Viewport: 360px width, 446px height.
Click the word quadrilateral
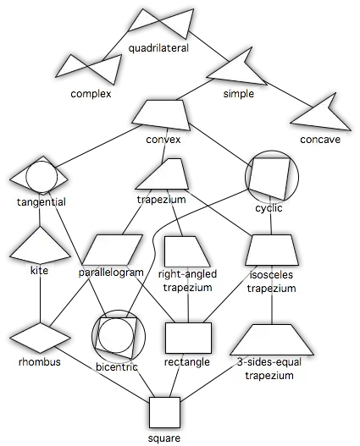click(x=158, y=48)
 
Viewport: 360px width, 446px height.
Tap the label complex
click(x=91, y=94)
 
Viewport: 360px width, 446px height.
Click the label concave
click(x=320, y=140)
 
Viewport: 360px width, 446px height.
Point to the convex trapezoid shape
click(x=161, y=115)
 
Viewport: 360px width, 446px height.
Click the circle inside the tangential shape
click(x=42, y=176)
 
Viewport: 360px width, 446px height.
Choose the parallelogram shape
click(x=112, y=250)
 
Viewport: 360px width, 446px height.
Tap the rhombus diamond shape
click(x=40, y=338)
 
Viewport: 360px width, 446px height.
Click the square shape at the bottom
click(x=165, y=412)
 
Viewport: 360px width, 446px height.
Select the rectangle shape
click(x=188, y=338)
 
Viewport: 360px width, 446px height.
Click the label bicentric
click(x=117, y=367)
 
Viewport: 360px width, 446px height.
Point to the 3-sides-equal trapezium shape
click(x=272, y=339)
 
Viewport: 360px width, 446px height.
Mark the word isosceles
click(x=271, y=275)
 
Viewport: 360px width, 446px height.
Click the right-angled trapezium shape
click(x=187, y=251)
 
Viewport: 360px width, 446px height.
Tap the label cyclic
click(x=269, y=208)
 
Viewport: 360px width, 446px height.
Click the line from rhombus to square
click(x=104, y=372)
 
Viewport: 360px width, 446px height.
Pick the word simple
click(x=239, y=94)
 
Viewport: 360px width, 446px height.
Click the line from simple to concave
click(x=291, y=96)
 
